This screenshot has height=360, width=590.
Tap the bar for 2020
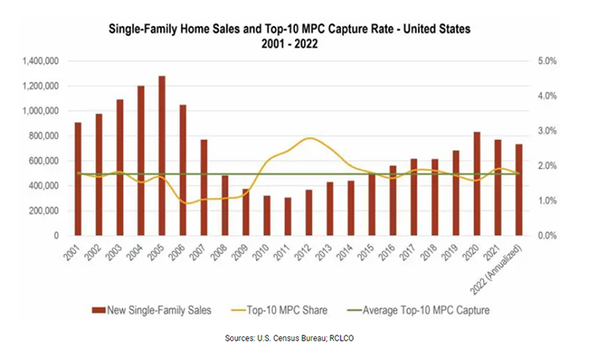[478, 184]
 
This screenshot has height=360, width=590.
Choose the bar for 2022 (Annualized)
[519, 190]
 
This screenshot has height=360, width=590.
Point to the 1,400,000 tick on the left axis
[42, 62]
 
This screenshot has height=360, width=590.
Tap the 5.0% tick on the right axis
[548, 62]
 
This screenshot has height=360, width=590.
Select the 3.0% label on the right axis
[548, 132]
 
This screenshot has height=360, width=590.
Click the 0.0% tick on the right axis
[548, 236]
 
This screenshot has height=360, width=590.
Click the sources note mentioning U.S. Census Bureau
[294, 337]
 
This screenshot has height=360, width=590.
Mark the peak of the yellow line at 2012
[310, 137]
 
